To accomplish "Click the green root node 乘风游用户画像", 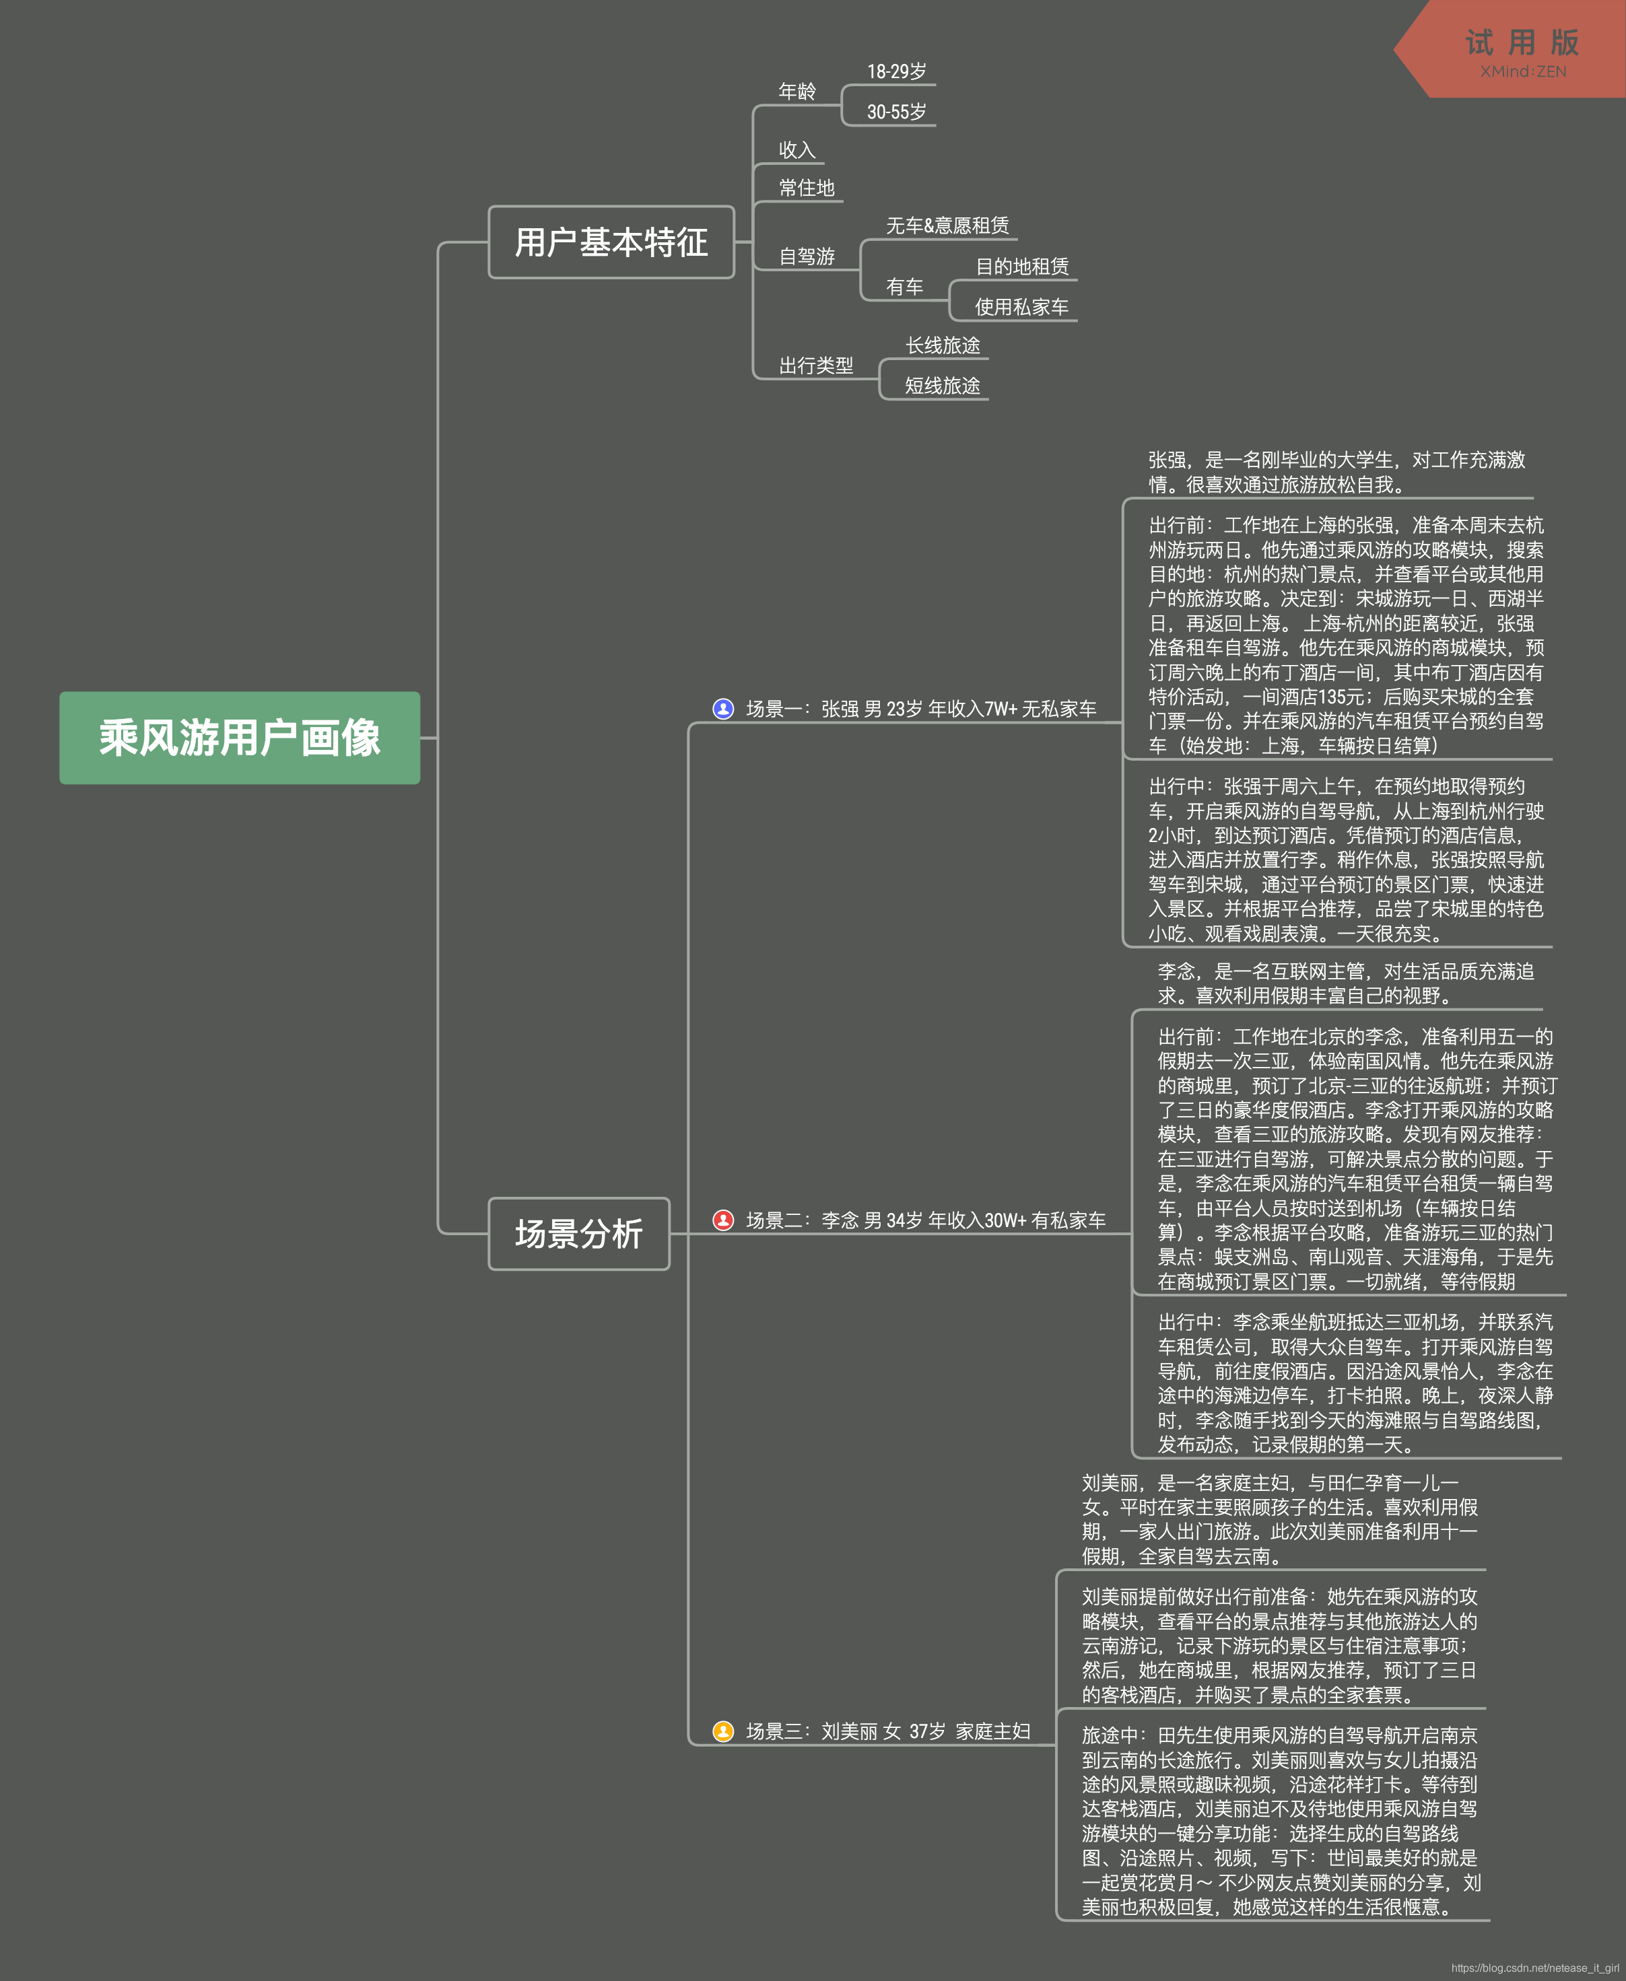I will [240, 738].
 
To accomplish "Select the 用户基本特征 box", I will [611, 242].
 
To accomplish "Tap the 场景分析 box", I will [579, 1234].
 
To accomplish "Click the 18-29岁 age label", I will [896, 71].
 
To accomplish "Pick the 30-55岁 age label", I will [896, 112].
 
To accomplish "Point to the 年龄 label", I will [797, 92].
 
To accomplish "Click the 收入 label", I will [797, 150].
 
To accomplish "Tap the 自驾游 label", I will [807, 256].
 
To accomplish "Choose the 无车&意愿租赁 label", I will [947, 225].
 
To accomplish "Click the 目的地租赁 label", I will [1022, 267].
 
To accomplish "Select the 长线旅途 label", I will [942, 345].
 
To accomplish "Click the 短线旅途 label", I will [942, 386].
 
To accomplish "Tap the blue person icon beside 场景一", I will [723, 709].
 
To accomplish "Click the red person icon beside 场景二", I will [723, 1220].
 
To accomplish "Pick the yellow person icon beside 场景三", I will [723, 1731].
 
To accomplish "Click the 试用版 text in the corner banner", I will [1522, 42].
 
